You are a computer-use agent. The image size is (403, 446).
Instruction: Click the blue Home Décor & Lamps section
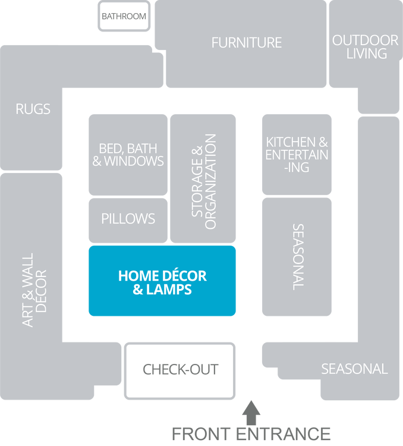pyautogui.click(x=162, y=281)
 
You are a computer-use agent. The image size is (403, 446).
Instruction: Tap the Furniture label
pyautogui.click(x=246, y=43)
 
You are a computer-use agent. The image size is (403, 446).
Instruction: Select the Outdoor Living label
pyautogui.click(x=365, y=47)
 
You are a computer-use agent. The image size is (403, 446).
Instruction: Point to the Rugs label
pyautogui.click(x=33, y=109)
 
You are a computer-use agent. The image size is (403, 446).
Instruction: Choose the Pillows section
pyautogui.click(x=128, y=219)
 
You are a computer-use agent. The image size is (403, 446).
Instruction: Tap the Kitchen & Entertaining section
pyautogui.click(x=297, y=154)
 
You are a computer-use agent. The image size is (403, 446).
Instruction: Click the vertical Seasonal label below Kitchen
pyautogui.click(x=298, y=257)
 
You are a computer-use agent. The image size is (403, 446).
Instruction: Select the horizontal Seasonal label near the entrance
pyautogui.click(x=354, y=369)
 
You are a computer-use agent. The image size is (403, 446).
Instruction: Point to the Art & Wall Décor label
pyautogui.click(x=34, y=291)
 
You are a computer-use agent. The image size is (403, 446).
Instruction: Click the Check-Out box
pyautogui.click(x=180, y=369)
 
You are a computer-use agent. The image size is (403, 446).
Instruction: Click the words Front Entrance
pyautogui.click(x=251, y=434)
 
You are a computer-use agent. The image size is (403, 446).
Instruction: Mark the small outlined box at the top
pyautogui.click(x=124, y=16)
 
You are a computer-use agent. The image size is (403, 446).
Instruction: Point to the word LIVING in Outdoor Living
pyautogui.click(x=365, y=54)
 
